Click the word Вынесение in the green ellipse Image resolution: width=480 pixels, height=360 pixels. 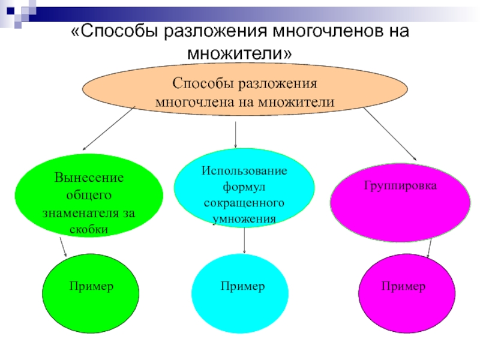[x=89, y=178]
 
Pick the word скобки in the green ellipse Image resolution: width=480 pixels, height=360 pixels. [x=89, y=229]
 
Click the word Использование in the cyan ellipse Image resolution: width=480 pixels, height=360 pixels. [x=244, y=171]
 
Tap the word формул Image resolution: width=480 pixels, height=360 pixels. [x=244, y=187]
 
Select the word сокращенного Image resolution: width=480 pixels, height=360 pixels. [x=244, y=203]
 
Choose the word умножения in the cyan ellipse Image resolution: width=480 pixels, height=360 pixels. [x=244, y=219]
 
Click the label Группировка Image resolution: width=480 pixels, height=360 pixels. [x=400, y=186]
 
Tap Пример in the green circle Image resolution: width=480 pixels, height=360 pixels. [x=91, y=287]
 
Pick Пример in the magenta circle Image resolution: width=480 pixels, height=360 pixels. [x=403, y=287]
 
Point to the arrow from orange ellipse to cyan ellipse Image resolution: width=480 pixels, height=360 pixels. [x=235, y=133]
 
